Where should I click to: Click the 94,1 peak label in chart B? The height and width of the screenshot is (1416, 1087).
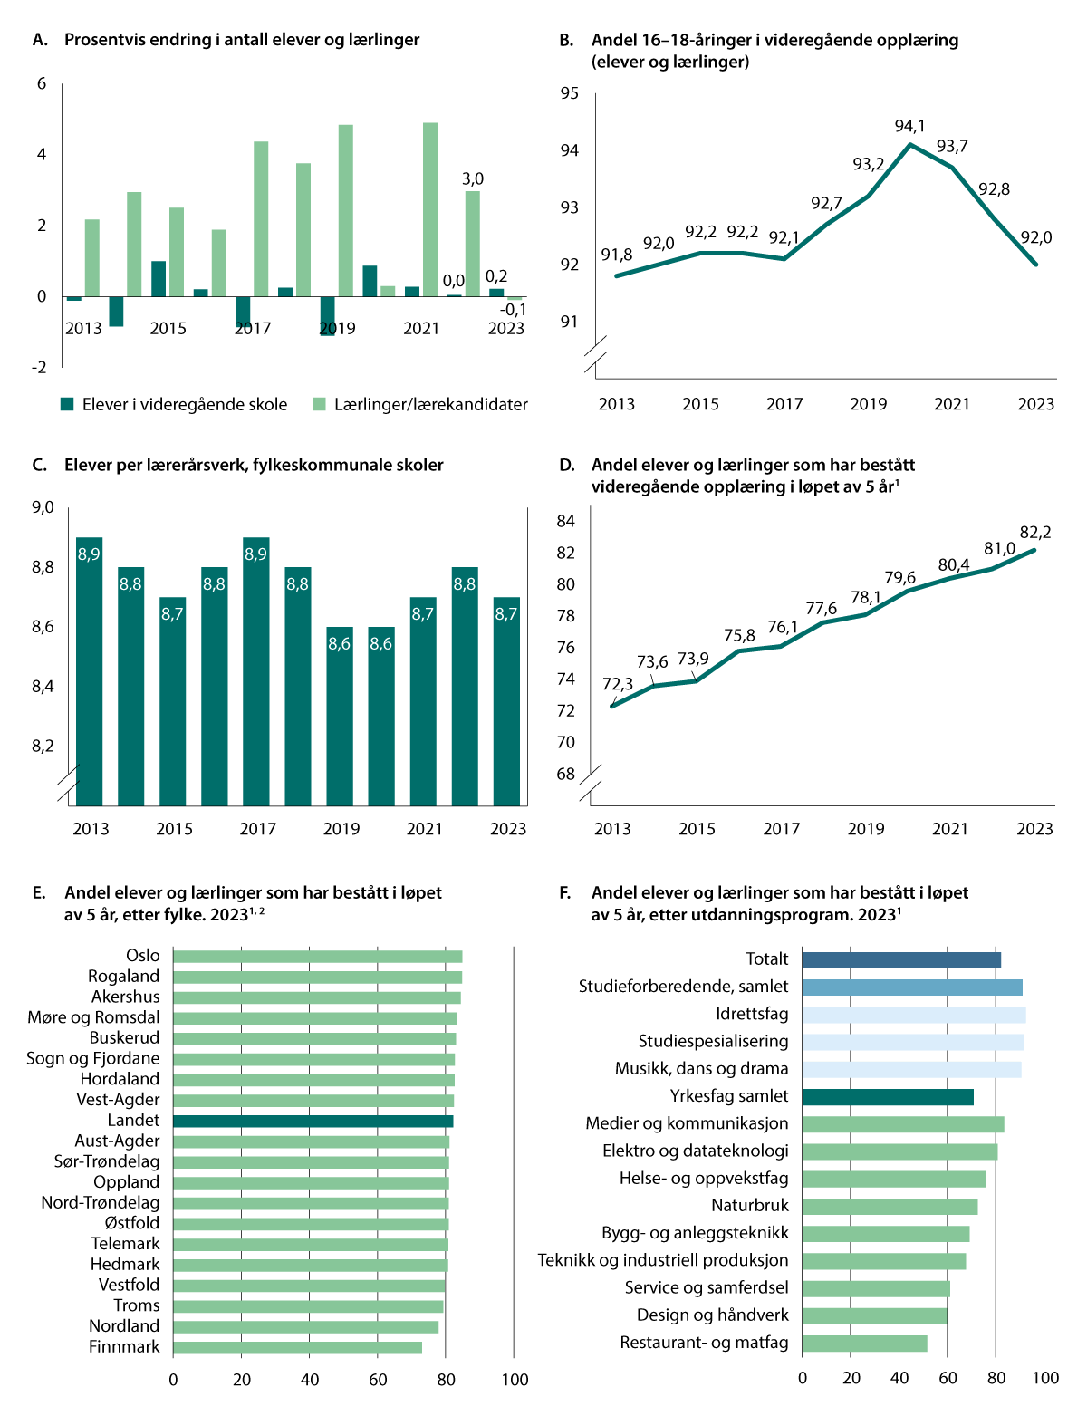(x=909, y=126)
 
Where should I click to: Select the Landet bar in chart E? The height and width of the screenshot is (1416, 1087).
(x=313, y=1121)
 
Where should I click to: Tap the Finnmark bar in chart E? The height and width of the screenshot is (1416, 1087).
(x=297, y=1347)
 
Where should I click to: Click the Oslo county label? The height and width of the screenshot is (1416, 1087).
(x=143, y=956)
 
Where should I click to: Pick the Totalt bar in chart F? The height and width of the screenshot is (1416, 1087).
(x=901, y=959)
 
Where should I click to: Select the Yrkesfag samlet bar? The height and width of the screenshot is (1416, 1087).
(x=888, y=1097)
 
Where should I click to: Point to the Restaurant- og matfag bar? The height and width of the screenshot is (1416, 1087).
(x=864, y=1344)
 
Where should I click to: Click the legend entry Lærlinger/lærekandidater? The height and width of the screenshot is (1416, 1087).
(x=430, y=405)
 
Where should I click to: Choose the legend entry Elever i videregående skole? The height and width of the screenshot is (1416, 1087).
(x=184, y=405)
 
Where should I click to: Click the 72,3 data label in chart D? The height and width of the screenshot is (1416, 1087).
(x=618, y=684)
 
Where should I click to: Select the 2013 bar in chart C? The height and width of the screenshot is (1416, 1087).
(x=89, y=670)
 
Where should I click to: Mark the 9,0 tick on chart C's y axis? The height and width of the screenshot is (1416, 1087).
(x=43, y=507)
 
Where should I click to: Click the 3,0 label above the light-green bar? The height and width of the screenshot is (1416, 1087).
(x=473, y=179)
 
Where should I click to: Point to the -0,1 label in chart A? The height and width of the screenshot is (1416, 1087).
(x=515, y=310)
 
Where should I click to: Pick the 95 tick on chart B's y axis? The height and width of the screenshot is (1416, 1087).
(x=569, y=93)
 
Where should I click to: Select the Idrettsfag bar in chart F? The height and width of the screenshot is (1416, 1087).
(x=913, y=1015)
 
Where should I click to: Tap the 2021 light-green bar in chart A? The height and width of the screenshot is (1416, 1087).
(x=430, y=209)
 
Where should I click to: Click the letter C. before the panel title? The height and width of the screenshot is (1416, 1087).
(x=39, y=466)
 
